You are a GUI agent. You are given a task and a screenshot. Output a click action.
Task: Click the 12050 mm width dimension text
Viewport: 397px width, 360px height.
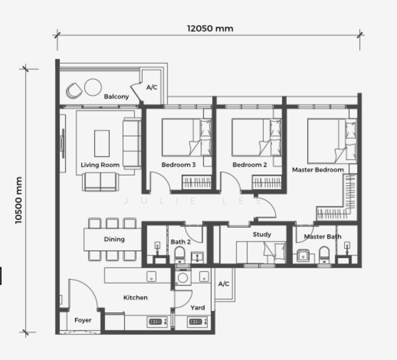(x=210, y=28)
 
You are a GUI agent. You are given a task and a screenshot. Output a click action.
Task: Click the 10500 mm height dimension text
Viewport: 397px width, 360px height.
(x=19, y=200)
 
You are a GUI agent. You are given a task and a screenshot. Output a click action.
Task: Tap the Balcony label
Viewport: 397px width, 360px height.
(x=116, y=97)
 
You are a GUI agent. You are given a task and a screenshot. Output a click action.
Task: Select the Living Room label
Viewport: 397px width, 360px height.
(x=100, y=165)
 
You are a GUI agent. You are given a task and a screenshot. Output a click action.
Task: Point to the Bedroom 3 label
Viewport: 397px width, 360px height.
(x=178, y=165)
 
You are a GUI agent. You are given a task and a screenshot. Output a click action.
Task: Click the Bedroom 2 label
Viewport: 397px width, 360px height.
(x=249, y=165)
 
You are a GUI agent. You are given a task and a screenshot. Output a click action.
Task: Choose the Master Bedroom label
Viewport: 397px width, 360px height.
(x=318, y=170)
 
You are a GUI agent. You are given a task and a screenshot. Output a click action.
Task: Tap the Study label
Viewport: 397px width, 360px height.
(x=262, y=235)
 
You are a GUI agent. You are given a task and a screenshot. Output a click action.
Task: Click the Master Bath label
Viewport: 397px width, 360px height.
(x=323, y=236)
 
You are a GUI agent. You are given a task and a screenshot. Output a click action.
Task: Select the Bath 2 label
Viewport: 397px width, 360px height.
(x=180, y=242)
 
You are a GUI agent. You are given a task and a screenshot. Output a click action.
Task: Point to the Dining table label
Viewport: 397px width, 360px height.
(x=114, y=239)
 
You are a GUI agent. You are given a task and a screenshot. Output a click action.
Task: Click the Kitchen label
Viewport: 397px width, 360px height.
(x=135, y=298)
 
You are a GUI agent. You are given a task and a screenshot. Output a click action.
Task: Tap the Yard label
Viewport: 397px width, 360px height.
(x=197, y=308)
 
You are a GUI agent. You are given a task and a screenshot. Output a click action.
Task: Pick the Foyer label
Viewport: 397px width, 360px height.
(x=83, y=320)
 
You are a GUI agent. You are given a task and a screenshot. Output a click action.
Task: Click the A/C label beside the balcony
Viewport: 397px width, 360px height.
(x=151, y=88)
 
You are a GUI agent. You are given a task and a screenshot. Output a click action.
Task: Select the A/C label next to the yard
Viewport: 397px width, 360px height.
(x=223, y=284)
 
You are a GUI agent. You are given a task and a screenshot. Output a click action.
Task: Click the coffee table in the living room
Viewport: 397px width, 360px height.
(x=102, y=143)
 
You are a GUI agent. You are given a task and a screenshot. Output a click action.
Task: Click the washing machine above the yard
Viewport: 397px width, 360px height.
(x=183, y=278)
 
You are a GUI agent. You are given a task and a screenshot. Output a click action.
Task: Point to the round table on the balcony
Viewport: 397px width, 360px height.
(x=92, y=88)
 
